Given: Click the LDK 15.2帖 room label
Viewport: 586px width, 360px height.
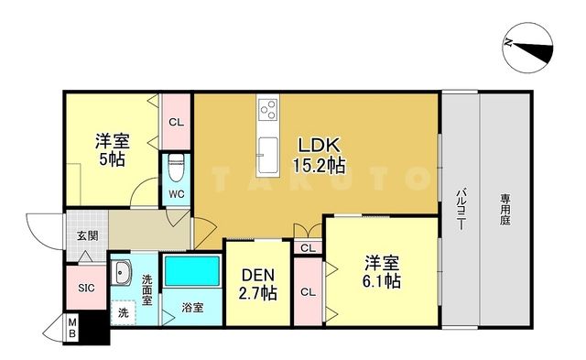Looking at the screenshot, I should coord(318,155).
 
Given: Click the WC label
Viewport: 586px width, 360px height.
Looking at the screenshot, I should coord(176,195).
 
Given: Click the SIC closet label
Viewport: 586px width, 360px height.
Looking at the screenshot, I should coord(85,288).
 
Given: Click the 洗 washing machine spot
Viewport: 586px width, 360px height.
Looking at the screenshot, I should coord(123,312).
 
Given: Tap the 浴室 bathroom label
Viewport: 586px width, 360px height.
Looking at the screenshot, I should coord(191,306).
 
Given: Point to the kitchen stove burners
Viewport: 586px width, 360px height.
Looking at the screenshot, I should coord(269,113).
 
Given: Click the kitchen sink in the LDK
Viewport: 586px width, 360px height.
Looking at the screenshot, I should coord(269,156).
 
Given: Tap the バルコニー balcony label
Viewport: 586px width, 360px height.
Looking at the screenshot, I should coord(459,208).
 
